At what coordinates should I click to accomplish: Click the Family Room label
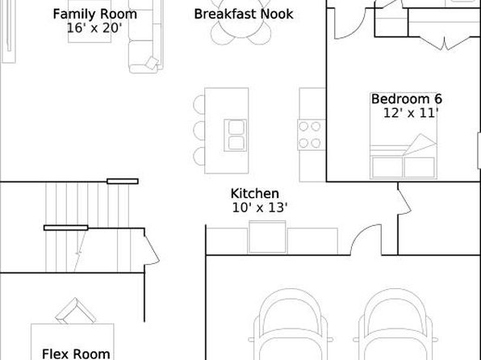94,14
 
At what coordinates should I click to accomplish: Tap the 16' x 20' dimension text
94,28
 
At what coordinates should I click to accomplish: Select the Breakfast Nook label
244,14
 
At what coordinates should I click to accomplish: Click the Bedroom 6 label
407,98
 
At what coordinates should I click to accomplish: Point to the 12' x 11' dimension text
411,113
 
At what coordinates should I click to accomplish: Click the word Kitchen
254,194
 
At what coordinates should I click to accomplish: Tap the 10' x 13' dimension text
260,207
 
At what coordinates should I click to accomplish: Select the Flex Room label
76,354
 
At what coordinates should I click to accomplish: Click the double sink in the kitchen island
236,136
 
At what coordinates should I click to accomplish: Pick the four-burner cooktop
311,135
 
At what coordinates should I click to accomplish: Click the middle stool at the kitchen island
199,131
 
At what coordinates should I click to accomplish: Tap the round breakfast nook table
241,19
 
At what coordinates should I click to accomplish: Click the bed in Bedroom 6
404,136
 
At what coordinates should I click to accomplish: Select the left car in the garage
291,324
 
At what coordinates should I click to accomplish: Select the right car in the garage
395,324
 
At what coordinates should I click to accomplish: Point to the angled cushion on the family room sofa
152,63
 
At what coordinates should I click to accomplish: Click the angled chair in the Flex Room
76,311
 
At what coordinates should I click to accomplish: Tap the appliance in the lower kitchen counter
267,237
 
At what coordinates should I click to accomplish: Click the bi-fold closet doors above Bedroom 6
444,44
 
